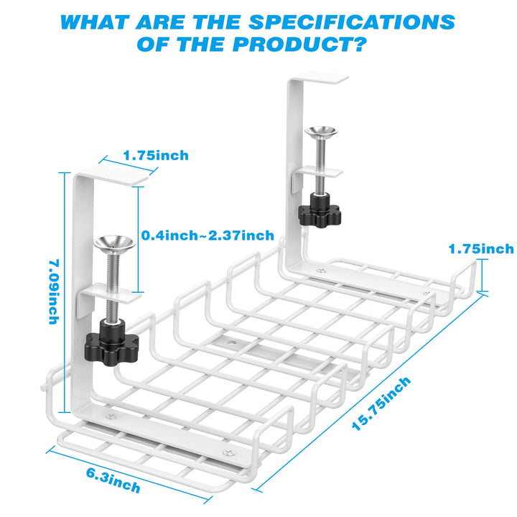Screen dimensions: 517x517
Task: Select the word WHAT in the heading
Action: coord(103,22)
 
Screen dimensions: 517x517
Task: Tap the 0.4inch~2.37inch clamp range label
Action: coord(208,236)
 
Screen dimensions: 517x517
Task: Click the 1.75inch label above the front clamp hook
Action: coord(155,155)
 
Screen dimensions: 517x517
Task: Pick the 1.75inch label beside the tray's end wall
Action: coord(481,249)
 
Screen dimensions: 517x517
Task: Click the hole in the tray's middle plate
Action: coord(233,345)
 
